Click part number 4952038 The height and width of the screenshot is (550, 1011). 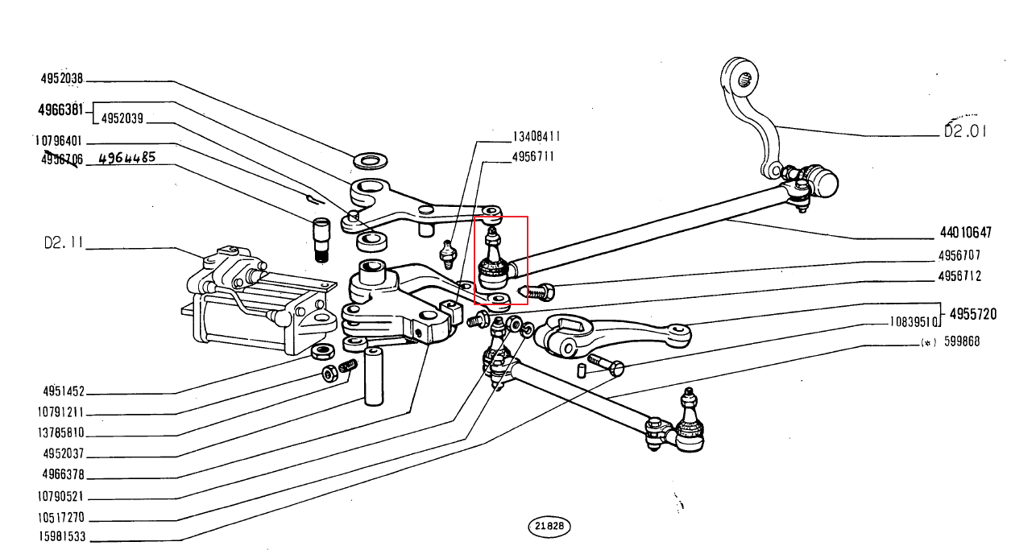point(62,80)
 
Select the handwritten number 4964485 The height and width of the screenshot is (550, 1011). point(126,158)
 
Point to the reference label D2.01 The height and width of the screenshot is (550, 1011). point(965,131)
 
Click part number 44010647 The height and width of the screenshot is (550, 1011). point(965,234)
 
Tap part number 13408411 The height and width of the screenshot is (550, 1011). point(537,137)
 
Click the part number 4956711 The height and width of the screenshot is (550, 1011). point(532,157)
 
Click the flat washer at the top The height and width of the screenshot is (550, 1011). point(368,161)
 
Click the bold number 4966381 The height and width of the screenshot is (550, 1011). point(61,108)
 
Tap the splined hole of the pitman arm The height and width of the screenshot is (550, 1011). point(745,78)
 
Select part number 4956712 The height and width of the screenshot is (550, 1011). point(959,276)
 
